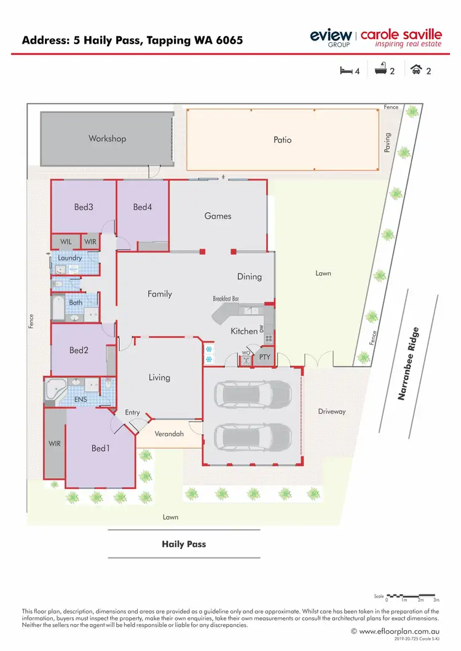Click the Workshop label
pos(107,139)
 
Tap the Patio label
pos(283,140)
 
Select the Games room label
pos(218,216)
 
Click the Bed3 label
pos(83,208)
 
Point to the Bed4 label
pos(142,208)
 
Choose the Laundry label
pos(70,258)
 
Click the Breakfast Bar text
pos(226,298)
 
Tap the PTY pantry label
pos(265,356)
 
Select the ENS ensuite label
pos(81,400)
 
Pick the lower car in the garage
pos(253,437)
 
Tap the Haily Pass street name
pos(184,544)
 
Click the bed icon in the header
pos(346,71)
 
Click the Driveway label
pos(332,411)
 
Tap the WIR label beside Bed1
pos(55,443)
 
